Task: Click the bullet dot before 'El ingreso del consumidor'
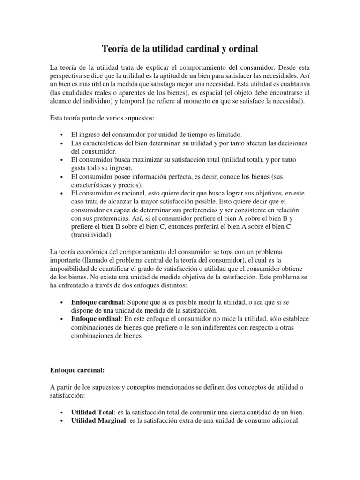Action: click(63, 135)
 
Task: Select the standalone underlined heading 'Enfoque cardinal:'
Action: click(77, 370)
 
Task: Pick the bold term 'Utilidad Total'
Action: click(92, 412)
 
